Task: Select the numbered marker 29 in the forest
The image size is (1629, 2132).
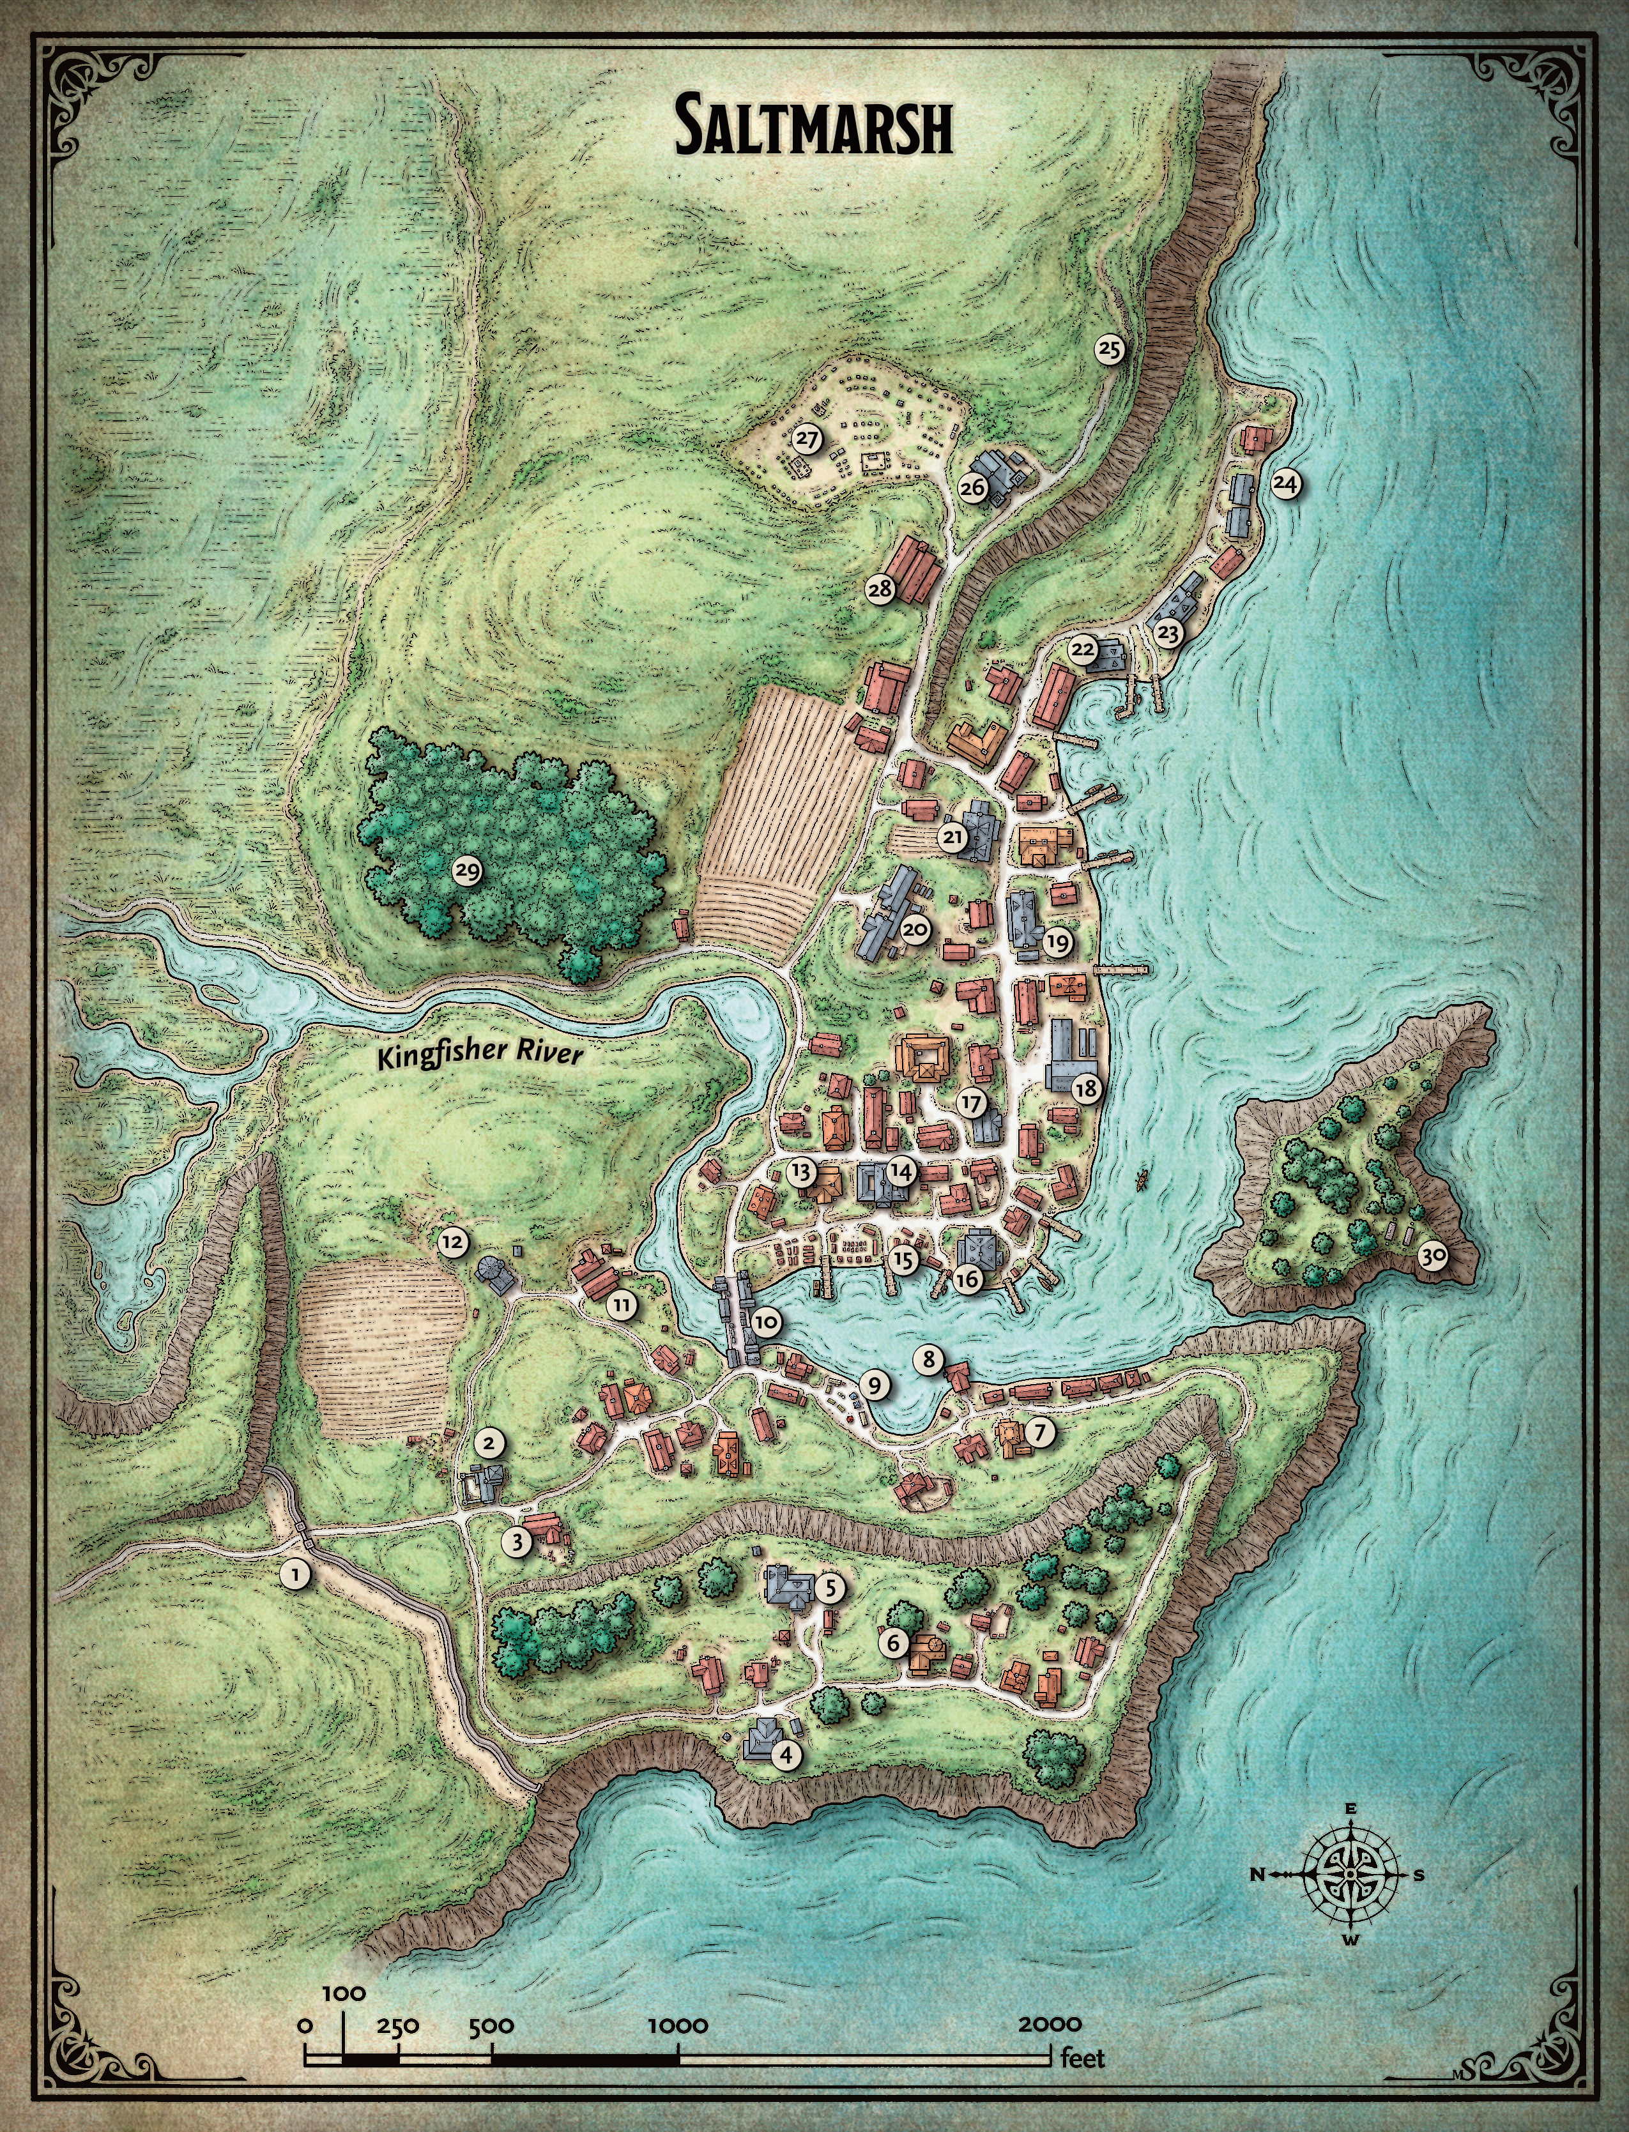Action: (x=468, y=872)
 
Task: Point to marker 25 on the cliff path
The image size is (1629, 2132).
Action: (x=1110, y=348)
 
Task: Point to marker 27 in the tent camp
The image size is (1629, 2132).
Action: (x=807, y=439)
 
